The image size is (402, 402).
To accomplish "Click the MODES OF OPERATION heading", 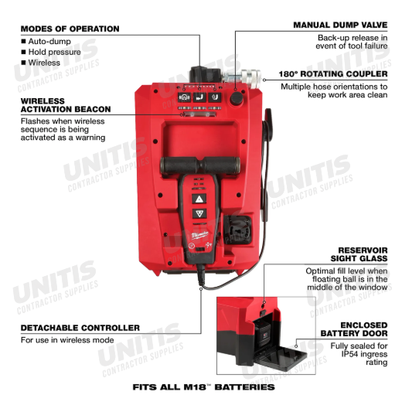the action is pos(70,29).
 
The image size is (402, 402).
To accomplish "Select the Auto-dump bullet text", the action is pos(49,41).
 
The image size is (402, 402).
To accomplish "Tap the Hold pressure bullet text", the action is pos(54,52).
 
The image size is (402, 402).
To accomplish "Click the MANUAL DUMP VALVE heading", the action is pos(340,25).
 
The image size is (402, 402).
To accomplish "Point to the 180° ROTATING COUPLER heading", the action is pos(333,74).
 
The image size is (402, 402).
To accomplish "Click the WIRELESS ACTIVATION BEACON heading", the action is pos(66,105).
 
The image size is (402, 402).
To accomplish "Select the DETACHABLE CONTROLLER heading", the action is pos(80,328).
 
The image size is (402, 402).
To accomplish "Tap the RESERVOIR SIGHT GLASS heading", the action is pos(359,254).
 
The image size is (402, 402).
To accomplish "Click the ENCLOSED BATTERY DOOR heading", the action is pos(354,329).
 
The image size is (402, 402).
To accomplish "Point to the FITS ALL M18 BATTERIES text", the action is pos(203,387).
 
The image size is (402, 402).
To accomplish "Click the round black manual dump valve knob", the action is pos(236,98).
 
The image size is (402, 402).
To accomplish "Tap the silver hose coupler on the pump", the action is pos(242,77).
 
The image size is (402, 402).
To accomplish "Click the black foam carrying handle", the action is pos(200,165).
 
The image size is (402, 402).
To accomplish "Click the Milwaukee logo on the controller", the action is pos(199,235).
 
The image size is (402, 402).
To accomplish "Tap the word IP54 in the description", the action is pos(349,354).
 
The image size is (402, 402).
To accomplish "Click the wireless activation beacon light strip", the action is pos(200,114).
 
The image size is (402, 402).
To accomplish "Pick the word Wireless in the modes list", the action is pos(44,63).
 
